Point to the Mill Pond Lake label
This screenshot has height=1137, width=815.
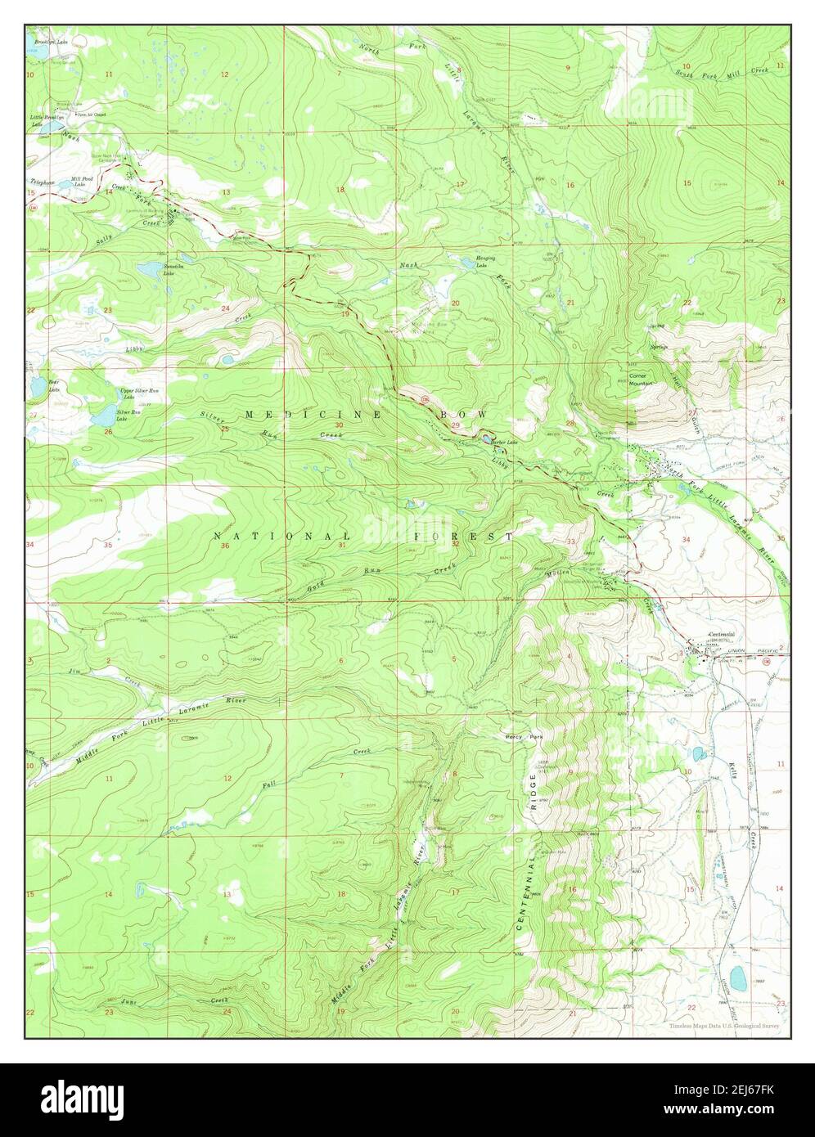82,181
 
